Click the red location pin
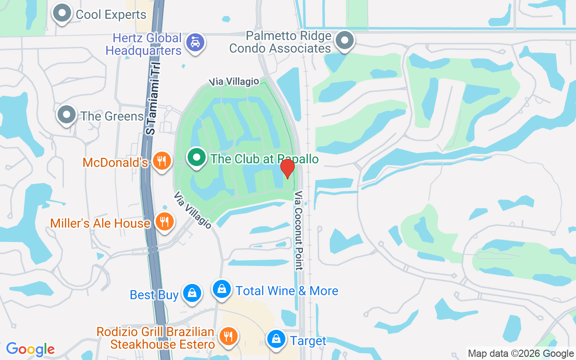(x=287, y=168)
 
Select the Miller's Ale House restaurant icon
(x=164, y=221)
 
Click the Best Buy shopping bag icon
(x=192, y=293)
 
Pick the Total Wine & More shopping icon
(x=221, y=289)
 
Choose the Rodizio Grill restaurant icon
(x=228, y=336)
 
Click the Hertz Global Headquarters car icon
(x=195, y=42)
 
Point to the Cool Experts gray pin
(x=62, y=13)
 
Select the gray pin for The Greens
(x=67, y=115)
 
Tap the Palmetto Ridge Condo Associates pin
(x=345, y=40)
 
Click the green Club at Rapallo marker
(x=196, y=157)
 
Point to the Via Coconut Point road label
(x=298, y=230)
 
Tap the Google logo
(x=30, y=349)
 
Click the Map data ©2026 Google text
(x=521, y=354)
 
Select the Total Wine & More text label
(x=287, y=291)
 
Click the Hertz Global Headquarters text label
(x=144, y=44)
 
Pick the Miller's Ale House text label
(x=100, y=223)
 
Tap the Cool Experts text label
(x=111, y=14)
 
